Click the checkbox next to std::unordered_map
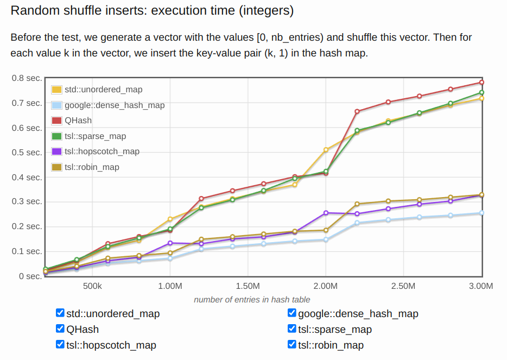click(60, 313)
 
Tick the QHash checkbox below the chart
click(60, 329)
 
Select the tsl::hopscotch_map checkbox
click(60, 344)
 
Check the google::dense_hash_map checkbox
click(292, 313)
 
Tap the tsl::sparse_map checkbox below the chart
click(292, 329)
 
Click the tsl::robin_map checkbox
click(292, 344)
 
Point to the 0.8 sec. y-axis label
click(27, 78)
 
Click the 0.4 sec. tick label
click(27, 178)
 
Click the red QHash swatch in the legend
click(56, 121)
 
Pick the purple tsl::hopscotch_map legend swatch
click(56, 151)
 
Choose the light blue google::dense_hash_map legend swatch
click(56, 105)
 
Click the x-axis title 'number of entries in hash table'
click(252, 299)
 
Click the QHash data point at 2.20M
click(357, 111)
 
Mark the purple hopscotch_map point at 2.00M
click(326, 213)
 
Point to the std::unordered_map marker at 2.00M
click(326, 150)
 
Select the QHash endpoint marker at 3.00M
click(481, 83)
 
